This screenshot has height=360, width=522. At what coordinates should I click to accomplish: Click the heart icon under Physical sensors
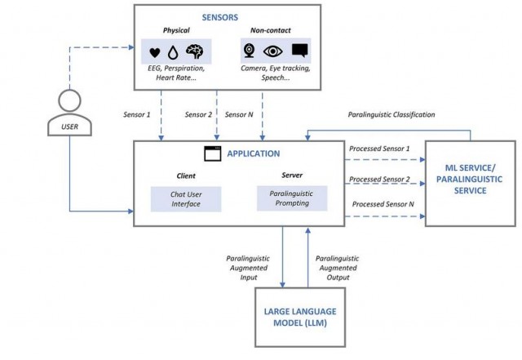coord(155,53)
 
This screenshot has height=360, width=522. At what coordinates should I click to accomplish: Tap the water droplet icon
coord(173,52)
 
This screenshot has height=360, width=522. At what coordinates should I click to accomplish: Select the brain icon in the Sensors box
coord(195,51)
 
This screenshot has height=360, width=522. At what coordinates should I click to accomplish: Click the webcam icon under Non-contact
coord(249,51)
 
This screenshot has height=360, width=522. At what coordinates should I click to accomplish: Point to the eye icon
coord(273,51)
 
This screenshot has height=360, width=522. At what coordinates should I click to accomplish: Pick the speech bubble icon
coord(299,51)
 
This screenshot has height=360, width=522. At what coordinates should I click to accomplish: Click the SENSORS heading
coord(220,17)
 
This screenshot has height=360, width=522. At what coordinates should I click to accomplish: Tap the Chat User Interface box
coord(186,199)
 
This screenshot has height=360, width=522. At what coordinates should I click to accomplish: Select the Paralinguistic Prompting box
coord(292,198)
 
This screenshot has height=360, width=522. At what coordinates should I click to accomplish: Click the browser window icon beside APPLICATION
coord(212,153)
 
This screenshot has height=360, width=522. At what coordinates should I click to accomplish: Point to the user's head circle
coord(69,100)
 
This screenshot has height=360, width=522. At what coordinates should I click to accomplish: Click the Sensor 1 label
coord(137,114)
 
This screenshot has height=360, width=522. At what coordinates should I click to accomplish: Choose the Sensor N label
coord(239,114)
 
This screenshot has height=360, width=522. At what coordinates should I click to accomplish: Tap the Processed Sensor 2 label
coord(379,180)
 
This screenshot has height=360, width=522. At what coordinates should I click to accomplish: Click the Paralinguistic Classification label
coord(391,114)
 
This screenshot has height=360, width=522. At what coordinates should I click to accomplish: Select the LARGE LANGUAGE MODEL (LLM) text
coord(300,317)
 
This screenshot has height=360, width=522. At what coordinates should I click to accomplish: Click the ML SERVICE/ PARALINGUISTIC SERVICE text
coord(470,180)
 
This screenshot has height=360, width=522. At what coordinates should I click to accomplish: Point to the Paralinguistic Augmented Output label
coord(338,268)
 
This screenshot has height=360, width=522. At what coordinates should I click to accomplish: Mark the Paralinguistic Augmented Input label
coord(248,268)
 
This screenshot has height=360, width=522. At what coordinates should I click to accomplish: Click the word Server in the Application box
coord(292,175)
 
